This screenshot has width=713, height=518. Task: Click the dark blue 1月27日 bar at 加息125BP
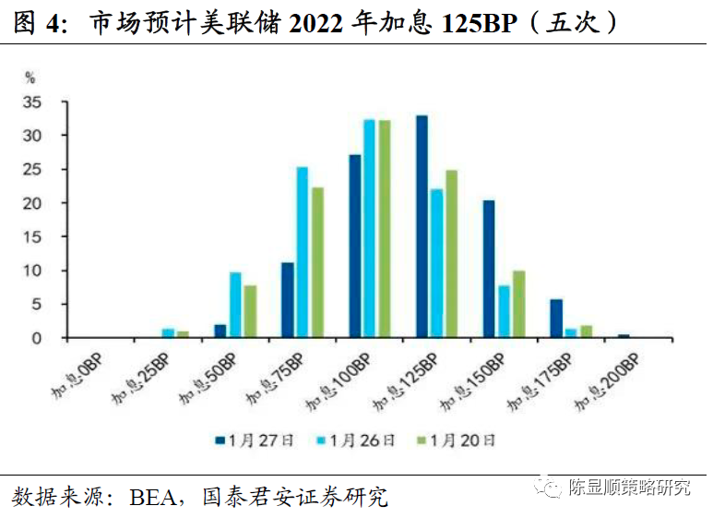[x=422, y=226]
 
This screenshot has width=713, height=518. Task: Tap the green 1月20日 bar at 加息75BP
[x=317, y=262]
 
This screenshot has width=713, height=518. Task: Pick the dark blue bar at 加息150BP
[x=489, y=269]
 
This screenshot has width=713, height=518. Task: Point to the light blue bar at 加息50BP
[x=234, y=305]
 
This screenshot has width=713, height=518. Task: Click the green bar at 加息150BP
[x=518, y=304]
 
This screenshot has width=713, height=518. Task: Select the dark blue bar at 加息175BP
[x=556, y=319]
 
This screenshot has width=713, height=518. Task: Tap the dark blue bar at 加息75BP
[x=287, y=300]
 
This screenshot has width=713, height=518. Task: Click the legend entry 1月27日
[x=255, y=440]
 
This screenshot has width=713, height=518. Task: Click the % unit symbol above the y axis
[x=30, y=78]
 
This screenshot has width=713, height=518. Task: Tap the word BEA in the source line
[x=152, y=498]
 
